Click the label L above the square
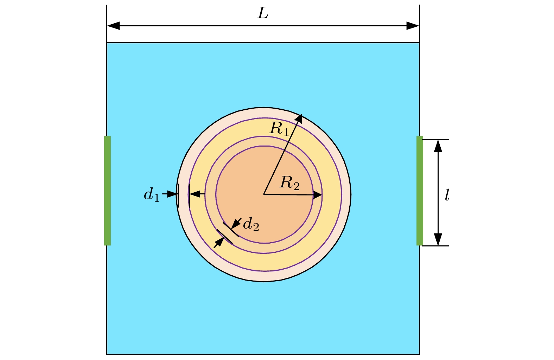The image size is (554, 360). [x=263, y=13]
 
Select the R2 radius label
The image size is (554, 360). [x=289, y=183]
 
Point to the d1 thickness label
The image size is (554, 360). [x=152, y=195]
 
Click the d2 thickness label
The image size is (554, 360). [x=251, y=224]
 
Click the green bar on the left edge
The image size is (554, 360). [x=107, y=191]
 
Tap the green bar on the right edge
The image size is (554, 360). [x=420, y=191]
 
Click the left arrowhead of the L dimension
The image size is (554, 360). [x=113, y=26]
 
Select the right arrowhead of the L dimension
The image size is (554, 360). [x=413, y=26]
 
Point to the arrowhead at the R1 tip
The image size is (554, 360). [x=299, y=118]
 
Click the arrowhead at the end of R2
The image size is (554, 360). [x=317, y=195]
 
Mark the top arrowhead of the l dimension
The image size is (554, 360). [x=438, y=146]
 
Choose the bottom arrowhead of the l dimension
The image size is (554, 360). [x=438, y=239]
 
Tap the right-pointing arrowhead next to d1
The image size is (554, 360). [x=172, y=194]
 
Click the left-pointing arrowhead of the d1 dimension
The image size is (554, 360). [x=195, y=194]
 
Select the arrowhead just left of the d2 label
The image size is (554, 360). [x=236, y=224]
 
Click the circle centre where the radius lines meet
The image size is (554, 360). [x=264, y=194]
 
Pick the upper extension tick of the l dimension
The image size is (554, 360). [x=435, y=140]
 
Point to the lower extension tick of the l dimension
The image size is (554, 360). [x=435, y=246]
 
